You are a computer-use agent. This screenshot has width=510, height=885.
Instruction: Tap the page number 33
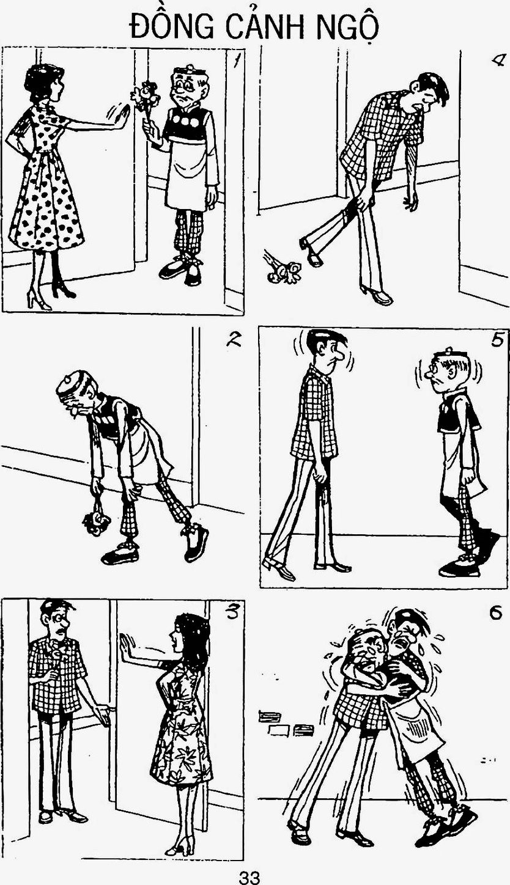(x=249, y=878)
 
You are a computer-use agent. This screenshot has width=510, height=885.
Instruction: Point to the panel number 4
(x=497, y=61)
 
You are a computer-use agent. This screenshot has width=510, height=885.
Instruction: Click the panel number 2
(x=234, y=339)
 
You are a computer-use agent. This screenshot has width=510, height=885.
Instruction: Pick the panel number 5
(x=498, y=339)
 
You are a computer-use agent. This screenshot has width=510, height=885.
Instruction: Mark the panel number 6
(x=495, y=613)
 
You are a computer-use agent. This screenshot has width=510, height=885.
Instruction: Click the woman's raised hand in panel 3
(x=127, y=645)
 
